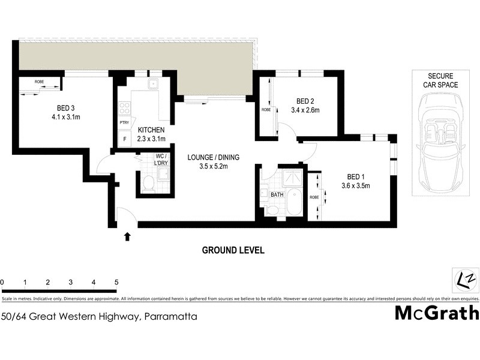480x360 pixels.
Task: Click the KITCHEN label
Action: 151,130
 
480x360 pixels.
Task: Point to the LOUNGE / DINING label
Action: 213,157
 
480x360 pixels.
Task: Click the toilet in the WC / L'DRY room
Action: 148,184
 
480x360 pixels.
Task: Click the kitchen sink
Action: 152,83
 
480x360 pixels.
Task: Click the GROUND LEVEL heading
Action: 233,250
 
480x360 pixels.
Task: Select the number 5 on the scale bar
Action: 116,281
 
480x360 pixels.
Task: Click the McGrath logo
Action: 436,313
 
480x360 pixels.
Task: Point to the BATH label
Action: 277,194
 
